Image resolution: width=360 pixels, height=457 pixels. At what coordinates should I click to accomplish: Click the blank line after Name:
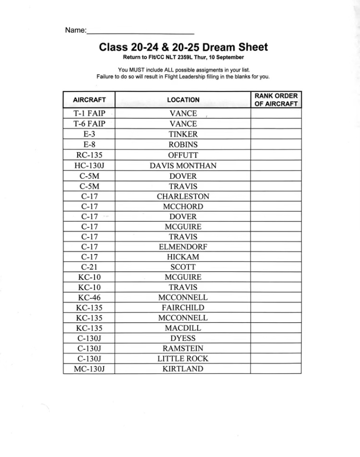(x=140, y=32)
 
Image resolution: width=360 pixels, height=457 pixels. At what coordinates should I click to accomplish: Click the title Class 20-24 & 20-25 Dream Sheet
(x=183, y=47)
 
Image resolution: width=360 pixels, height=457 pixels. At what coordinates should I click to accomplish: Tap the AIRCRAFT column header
(x=89, y=100)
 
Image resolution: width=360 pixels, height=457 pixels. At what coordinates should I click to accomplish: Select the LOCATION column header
(x=183, y=100)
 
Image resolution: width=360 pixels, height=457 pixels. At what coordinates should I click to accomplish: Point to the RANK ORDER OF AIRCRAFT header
(x=276, y=100)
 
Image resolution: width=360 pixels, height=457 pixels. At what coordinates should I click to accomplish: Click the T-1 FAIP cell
(x=89, y=114)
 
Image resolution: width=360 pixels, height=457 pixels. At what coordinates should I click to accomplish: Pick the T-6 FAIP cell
(x=89, y=124)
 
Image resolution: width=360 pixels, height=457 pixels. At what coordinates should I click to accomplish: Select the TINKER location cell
(x=183, y=134)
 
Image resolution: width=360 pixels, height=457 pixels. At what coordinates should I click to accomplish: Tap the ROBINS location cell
(x=183, y=144)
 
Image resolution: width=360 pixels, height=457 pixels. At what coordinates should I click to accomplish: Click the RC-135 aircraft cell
(x=89, y=155)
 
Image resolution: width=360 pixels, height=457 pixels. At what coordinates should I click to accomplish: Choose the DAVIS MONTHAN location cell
(x=183, y=165)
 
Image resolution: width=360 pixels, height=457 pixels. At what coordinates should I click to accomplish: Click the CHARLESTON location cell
(x=183, y=196)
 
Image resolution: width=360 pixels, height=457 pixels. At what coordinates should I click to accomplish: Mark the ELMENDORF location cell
(x=183, y=247)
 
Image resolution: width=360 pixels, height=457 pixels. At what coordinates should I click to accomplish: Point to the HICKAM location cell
(x=183, y=257)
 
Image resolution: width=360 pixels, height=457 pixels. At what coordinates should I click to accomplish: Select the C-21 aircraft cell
(x=89, y=267)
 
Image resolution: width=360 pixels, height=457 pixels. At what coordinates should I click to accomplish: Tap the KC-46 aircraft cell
(x=89, y=297)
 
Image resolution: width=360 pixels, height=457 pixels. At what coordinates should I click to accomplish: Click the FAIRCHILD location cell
(x=183, y=307)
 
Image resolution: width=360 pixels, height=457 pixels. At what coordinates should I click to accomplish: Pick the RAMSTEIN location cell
(x=183, y=348)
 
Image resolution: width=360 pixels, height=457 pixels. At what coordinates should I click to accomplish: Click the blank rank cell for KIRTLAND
(x=276, y=369)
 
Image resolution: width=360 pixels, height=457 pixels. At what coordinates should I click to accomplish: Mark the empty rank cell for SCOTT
(x=276, y=267)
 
